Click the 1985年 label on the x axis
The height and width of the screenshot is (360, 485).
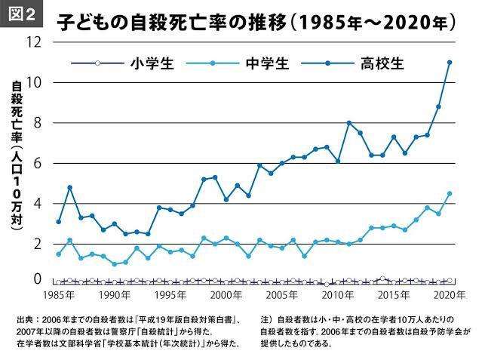coord(58,294)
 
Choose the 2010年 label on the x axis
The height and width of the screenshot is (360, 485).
coord(337,294)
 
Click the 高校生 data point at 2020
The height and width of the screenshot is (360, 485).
coord(450,63)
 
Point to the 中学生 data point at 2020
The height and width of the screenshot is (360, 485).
coord(450,193)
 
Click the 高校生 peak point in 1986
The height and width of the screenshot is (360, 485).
coord(69,187)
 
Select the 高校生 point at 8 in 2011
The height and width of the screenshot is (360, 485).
coord(349,122)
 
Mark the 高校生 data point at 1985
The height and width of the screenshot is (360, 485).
coord(59,221)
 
